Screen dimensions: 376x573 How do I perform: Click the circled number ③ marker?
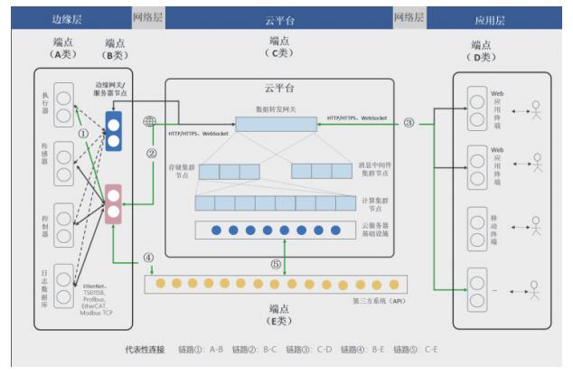coord(409,122)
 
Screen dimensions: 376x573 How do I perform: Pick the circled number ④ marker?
coord(148,257)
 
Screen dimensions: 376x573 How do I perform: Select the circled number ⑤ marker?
coord(277,265)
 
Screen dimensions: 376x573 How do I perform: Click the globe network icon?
coord(149,122)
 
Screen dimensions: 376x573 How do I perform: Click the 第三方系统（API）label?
coord(379,299)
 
